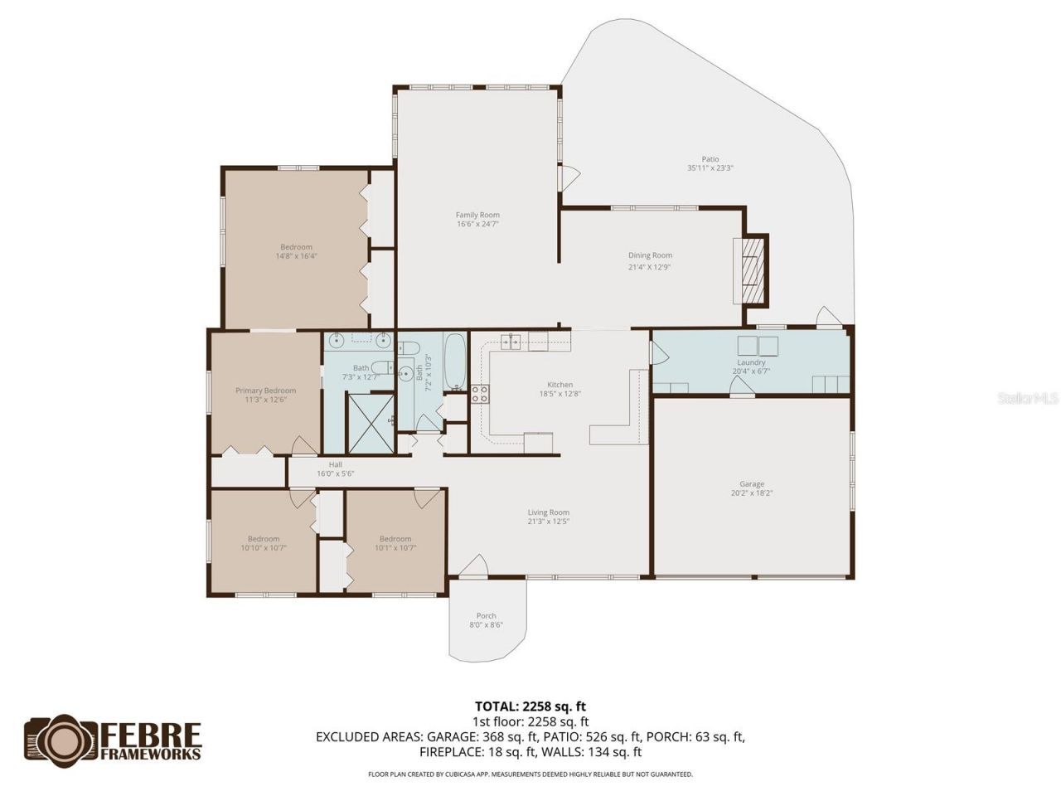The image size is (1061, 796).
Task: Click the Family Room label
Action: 477,215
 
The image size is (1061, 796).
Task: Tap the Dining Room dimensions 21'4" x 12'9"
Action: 649,267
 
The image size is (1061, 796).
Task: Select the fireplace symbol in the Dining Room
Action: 753,272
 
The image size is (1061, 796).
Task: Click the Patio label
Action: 710,159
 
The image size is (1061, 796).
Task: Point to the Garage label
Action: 752,484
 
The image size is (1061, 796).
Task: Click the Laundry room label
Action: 751,362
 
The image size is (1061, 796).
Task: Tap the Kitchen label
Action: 560,385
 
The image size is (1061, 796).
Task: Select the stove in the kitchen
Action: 480,394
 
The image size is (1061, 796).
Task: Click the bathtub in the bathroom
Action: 455,362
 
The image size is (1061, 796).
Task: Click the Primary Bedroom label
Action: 265,391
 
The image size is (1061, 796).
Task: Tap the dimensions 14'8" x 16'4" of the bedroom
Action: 296,256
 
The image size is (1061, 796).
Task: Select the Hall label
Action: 335,464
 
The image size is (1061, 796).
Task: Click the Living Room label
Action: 548,512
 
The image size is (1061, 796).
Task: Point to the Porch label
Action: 487,616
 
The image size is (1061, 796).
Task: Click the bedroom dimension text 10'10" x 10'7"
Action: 264,547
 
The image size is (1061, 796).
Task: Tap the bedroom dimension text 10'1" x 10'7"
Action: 395,547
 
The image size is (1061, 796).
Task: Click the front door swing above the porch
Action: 472,566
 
